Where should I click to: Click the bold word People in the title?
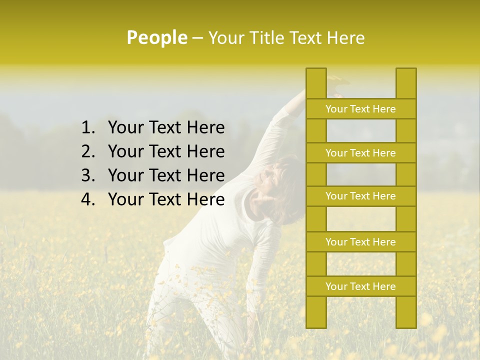[157, 37]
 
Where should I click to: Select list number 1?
[87, 128]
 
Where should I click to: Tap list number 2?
[87, 151]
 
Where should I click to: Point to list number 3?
[87, 175]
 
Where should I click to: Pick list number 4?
[87, 199]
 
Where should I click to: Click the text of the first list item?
[166, 128]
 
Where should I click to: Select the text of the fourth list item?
[166, 199]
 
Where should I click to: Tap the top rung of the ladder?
[360, 109]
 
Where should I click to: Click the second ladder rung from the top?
[360, 153]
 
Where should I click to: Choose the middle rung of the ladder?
[360, 196]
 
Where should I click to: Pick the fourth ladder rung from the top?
[360, 242]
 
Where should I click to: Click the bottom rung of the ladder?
[360, 286]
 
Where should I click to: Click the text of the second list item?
[166, 151]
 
